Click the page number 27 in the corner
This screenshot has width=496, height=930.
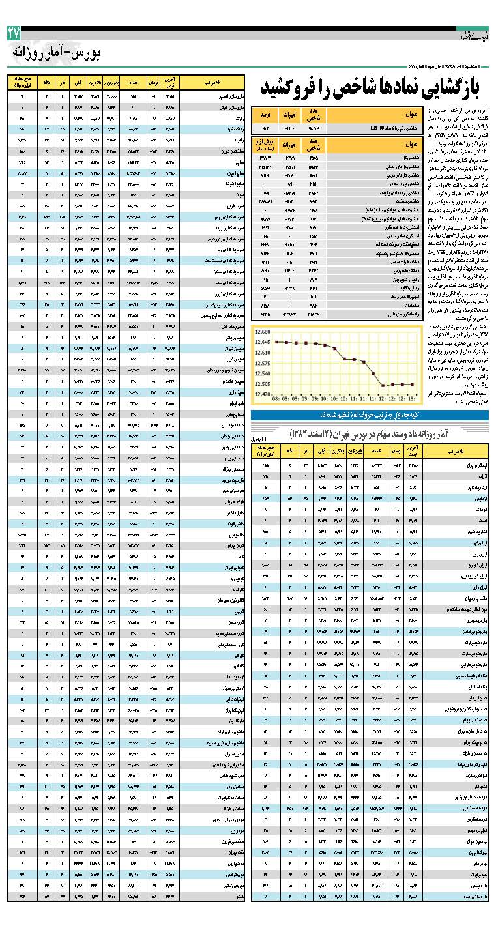click(15, 33)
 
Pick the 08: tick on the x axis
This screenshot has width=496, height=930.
click(276, 396)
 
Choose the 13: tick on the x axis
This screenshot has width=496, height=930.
click(411, 396)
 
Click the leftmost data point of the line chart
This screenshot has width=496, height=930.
click(276, 341)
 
